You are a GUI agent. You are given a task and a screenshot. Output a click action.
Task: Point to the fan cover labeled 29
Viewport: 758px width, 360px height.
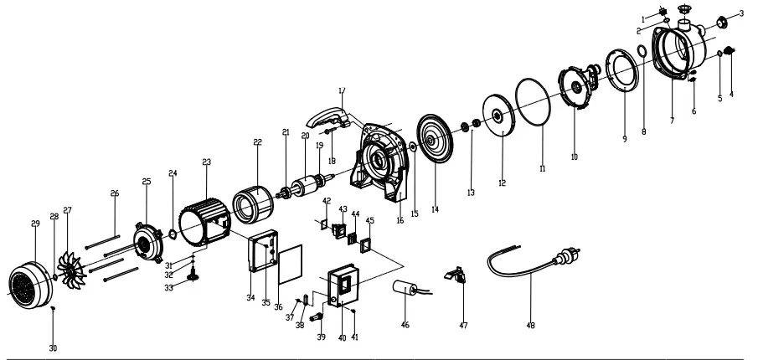click(31, 280)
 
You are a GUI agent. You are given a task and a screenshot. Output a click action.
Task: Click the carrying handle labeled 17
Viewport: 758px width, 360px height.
click(329, 116)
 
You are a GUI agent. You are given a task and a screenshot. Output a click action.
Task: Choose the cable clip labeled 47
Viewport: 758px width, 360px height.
click(456, 274)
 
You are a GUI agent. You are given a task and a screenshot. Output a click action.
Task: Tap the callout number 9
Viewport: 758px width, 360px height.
click(624, 138)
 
